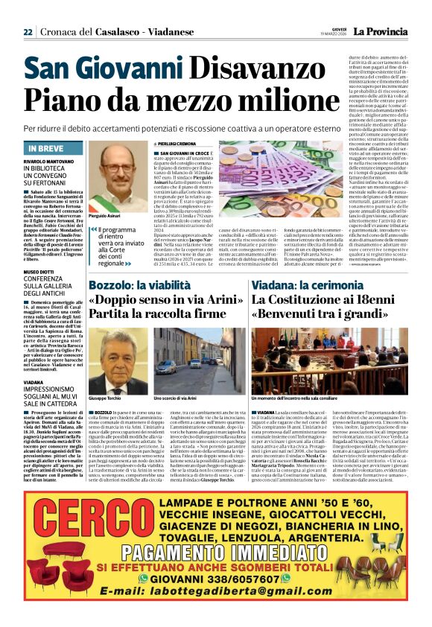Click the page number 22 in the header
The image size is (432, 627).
coord(28,32)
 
